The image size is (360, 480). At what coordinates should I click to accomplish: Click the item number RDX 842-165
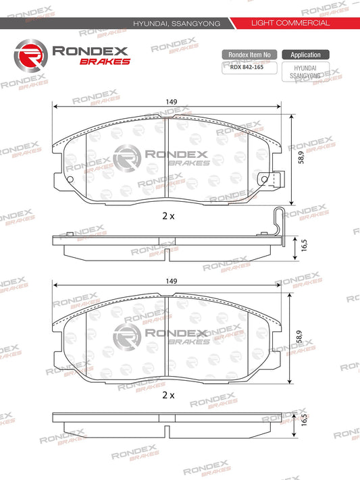click(x=247, y=67)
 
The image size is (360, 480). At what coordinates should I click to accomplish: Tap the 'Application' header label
click(x=305, y=54)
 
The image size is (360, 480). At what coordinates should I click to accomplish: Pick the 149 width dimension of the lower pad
click(x=171, y=281)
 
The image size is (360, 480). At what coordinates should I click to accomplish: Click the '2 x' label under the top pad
click(x=168, y=216)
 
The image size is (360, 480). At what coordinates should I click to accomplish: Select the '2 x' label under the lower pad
click(x=168, y=394)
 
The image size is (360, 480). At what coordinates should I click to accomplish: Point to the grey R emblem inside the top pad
click(x=126, y=159)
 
